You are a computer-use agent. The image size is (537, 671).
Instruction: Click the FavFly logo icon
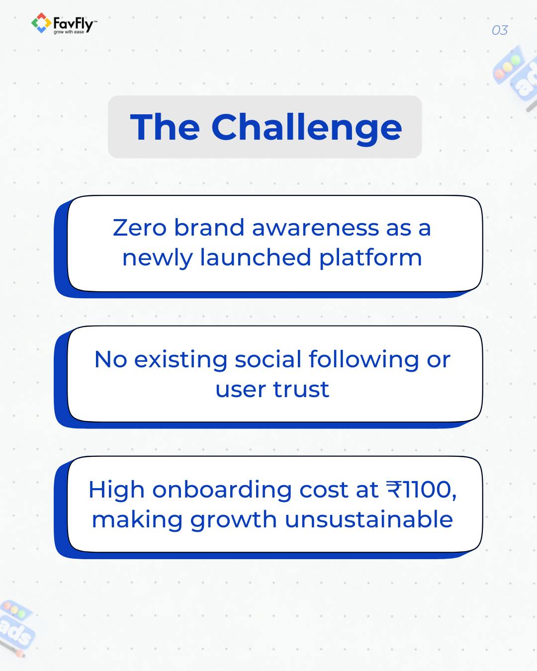(41, 23)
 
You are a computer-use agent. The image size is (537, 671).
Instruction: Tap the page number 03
(499, 30)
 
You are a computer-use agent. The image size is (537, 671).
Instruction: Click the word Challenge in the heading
(306, 127)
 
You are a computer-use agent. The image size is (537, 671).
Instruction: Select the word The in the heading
(165, 127)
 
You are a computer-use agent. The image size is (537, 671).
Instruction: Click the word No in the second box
(110, 359)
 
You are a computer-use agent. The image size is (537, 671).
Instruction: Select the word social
(268, 359)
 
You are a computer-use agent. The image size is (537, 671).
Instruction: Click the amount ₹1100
(421, 490)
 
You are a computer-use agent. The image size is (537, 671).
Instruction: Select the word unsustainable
(368, 519)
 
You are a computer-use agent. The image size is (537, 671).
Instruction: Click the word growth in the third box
(233, 520)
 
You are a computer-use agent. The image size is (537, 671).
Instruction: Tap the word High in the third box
(116, 490)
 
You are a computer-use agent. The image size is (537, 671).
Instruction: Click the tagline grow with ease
(69, 32)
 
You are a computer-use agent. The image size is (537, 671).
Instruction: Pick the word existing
(181, 360)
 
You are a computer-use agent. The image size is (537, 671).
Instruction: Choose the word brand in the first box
(209, 228)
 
